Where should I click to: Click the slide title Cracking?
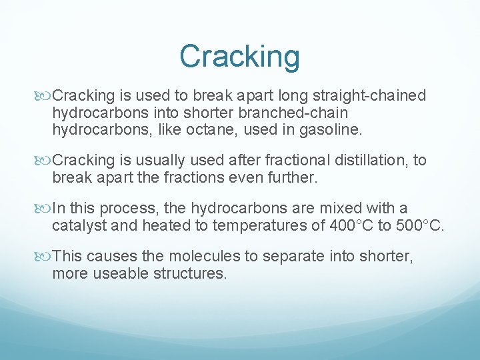[239, 56]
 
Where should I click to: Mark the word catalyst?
[79, 225]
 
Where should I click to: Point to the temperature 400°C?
[353, 225]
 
